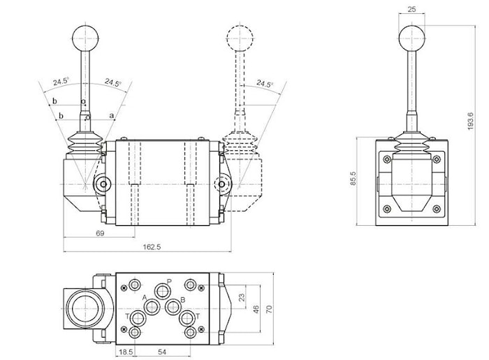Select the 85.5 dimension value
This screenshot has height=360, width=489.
click(x=353, y=180)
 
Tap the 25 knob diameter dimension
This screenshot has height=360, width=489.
click(x=411, y=9)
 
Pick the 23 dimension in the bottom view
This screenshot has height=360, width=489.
click(x=242, y=297)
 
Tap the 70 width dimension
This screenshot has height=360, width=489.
click(x=268, y=308)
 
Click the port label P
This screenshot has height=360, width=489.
click(x=170, y=282)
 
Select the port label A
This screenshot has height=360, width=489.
click(x=145, y=298)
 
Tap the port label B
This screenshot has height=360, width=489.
click(x=183, y=299)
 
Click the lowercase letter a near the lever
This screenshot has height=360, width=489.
click(x=111, y=115)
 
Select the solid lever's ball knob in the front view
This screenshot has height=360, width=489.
click(x=85, y=37)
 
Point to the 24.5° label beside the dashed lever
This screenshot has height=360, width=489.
click(x=263, y=84)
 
